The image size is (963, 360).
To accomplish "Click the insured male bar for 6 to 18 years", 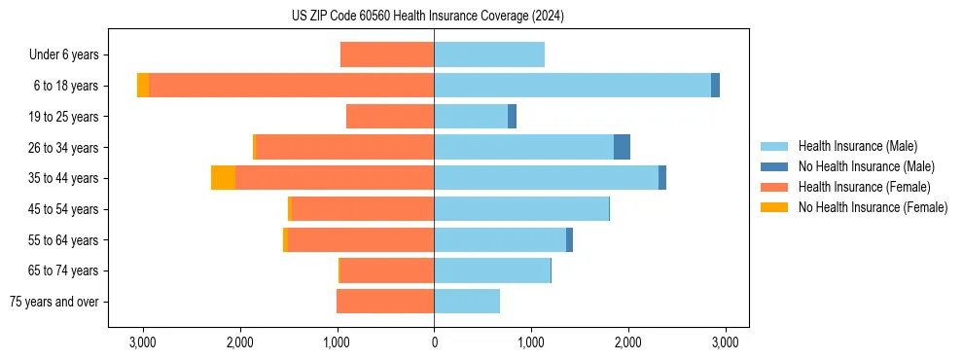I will [572, 86].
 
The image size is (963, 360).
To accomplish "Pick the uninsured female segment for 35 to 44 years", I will [223, 178].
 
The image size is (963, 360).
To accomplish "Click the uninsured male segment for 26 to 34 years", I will [622, 147].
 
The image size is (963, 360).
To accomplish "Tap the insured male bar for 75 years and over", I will [467, 302].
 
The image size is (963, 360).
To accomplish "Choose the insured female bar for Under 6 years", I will [387, 55].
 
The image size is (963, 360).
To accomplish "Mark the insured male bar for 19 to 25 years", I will [471, 117].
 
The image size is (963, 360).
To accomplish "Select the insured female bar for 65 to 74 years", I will [387, 270].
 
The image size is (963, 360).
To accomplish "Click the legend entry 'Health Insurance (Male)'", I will [856, 146].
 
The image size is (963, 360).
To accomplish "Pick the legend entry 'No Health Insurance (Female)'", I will [873, 207].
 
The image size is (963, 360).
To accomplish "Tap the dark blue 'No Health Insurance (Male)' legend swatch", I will [775, 166].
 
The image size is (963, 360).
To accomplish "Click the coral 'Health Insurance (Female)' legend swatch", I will [775, 187].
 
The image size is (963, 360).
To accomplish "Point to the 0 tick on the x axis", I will [434, 342].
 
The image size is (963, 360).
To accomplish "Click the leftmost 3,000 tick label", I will [143, 342].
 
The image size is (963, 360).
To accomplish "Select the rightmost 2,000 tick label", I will [627, 342].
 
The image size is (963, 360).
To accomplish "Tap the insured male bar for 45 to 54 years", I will [521, 209].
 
